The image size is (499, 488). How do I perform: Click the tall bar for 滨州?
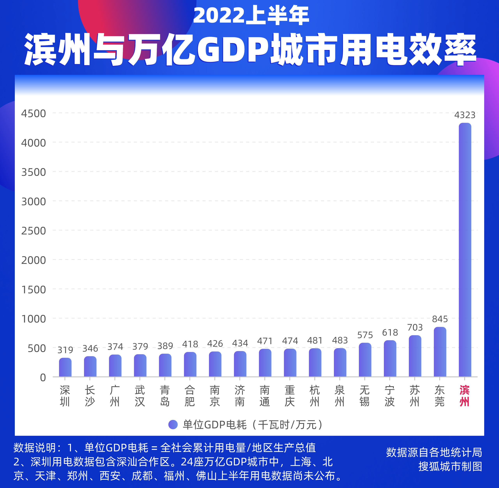point(465,250)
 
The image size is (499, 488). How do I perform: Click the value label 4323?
point(465,115)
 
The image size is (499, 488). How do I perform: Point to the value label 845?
point(440,319)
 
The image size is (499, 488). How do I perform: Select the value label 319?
point(65,350)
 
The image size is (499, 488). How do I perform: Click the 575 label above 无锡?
point(365,335)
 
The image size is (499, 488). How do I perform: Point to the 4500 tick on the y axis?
point(33,114)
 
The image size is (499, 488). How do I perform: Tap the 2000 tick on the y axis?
point(33,260)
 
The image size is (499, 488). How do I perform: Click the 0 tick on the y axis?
point(43,377)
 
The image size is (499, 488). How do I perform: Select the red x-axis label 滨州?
point(464,396)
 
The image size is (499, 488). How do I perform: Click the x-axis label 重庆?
point(290,396)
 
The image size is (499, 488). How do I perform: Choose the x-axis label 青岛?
point(165,396)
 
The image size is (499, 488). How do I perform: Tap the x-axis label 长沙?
point(90,396)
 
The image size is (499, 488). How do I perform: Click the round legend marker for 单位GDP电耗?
point(173,425)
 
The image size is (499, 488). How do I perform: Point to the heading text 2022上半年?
point(251,16)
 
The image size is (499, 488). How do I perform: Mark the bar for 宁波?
point(390,359)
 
